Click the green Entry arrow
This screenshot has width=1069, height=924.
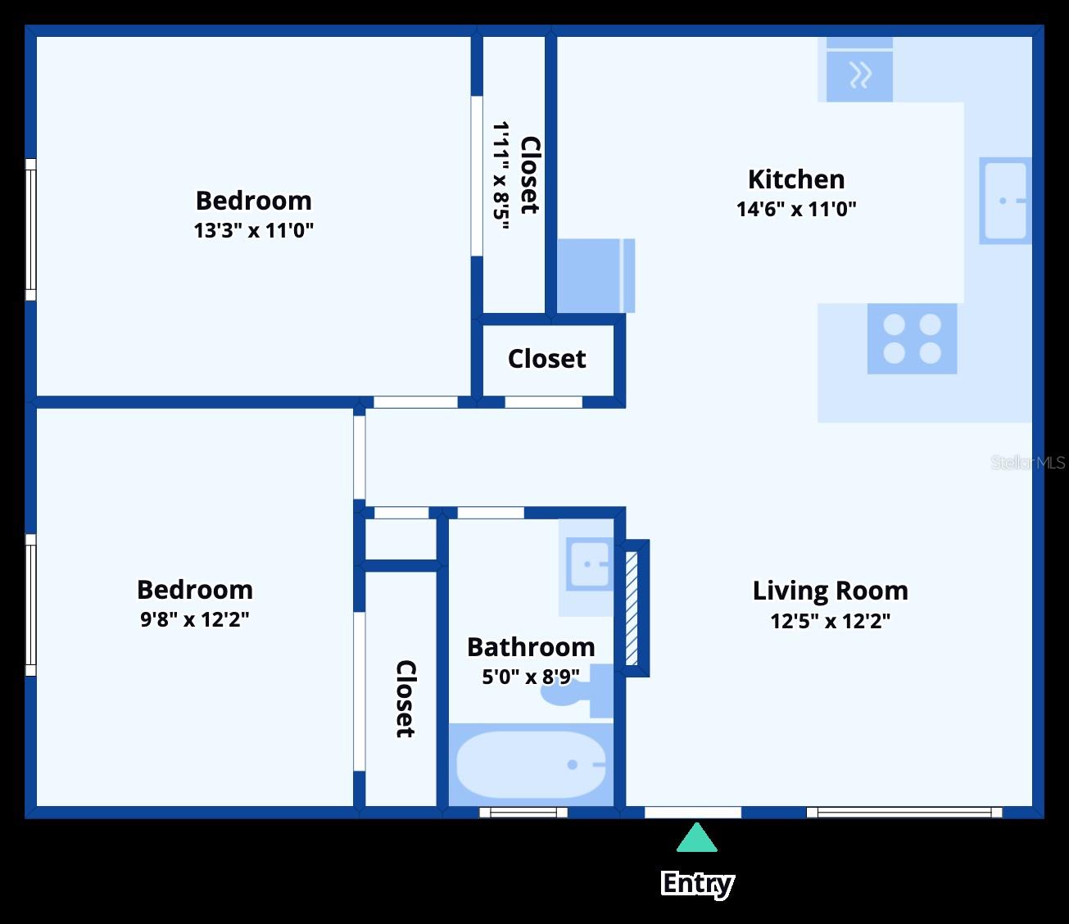pos(696,839)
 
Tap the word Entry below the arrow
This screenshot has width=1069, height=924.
pos(696,883)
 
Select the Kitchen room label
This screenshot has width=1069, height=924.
pos(795,179)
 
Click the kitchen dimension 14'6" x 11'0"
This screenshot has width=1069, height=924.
pos(795,209)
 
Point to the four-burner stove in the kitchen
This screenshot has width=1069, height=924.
pos(912,338)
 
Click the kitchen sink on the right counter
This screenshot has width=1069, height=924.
pos(1004,201)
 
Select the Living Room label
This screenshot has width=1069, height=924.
pos(830,591)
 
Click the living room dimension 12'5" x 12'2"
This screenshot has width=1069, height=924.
pos(830,621)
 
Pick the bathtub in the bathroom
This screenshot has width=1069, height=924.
pos(531,764)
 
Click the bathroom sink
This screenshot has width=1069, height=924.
pos(589,564)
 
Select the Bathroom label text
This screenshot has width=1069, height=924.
pos(531,647)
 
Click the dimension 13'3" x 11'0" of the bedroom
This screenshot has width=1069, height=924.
pos(253,230)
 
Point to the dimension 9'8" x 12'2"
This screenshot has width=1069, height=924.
pos(194,619)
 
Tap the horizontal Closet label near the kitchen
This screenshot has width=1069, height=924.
pos(546,359)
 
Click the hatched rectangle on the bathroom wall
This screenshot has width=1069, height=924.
pos(632,608)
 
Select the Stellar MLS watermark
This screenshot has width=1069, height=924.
pos(1027,463)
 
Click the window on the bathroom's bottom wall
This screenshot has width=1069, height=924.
pos(523,813)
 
